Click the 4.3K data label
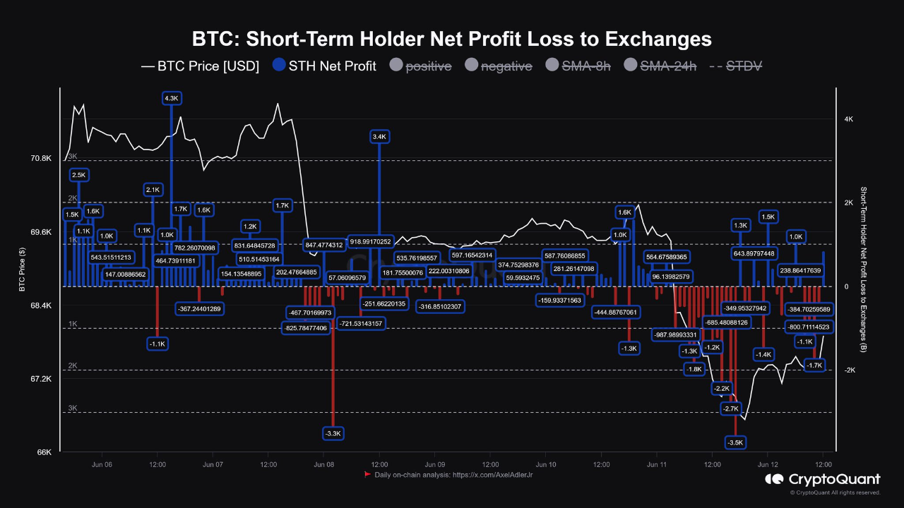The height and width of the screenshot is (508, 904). (x=172, y=99)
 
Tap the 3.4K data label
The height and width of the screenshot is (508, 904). (x=379, y=136)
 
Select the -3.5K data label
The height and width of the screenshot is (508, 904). (x=735, y=442)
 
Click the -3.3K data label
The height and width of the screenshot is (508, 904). (x=333, y=433)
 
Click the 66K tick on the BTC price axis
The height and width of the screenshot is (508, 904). (x=43, y=452)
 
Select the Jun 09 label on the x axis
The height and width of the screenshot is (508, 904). (x=435, y=465)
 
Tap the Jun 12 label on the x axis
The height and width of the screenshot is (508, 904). (x=768, y=465)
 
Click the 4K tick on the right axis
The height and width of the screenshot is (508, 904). (x=848, y=120)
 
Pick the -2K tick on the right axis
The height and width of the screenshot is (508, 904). (x=850, y=370)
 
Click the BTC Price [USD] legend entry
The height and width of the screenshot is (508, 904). (x=200, y=66)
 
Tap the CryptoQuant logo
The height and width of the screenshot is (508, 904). (x=823, y=480)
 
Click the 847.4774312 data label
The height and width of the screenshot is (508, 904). (x=323, y=245)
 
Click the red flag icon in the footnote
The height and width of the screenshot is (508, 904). (x=367, y=475)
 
